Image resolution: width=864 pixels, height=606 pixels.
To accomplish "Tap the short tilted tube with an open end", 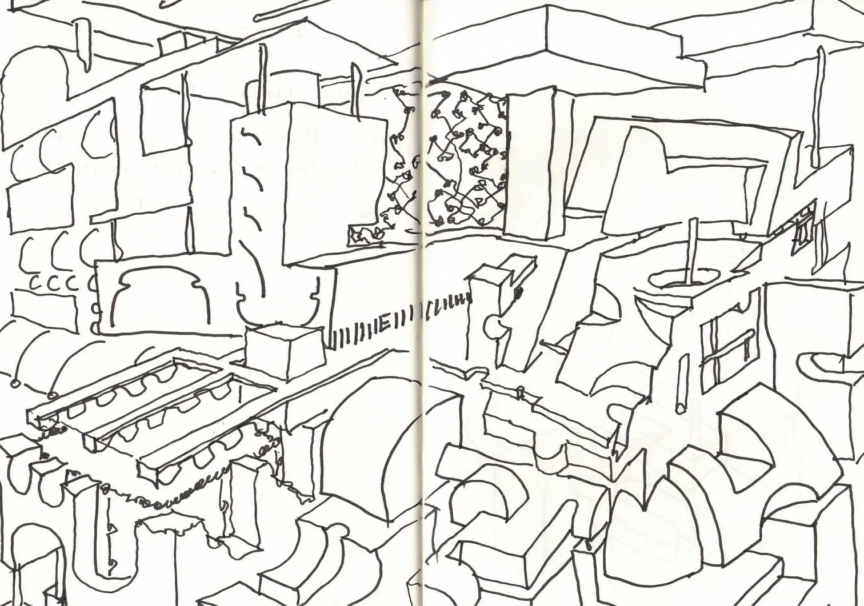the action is pyautogui.click(x=681, y=394).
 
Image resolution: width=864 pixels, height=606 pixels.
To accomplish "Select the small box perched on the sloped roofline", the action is pyautogui.click(x=170, y=45).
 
